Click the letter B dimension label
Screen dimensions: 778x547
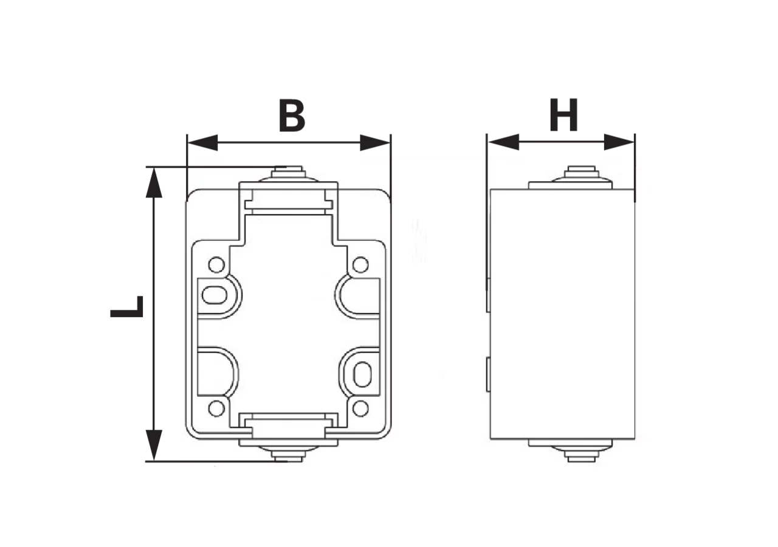click(292, 115)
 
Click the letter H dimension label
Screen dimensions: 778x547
click(563, 115)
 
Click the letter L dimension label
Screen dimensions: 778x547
click(127, 307)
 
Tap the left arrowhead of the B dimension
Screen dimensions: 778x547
click(202, 142)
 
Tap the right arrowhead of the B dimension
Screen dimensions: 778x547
click(375, 142)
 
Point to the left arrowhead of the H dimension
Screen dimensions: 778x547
click(504, 142)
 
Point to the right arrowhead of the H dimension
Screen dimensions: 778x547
click(619, 142)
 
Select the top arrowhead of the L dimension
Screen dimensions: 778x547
click(154, 183)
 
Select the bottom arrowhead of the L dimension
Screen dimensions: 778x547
click(154, 446)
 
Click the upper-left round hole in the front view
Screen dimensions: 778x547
click(216, 265)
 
